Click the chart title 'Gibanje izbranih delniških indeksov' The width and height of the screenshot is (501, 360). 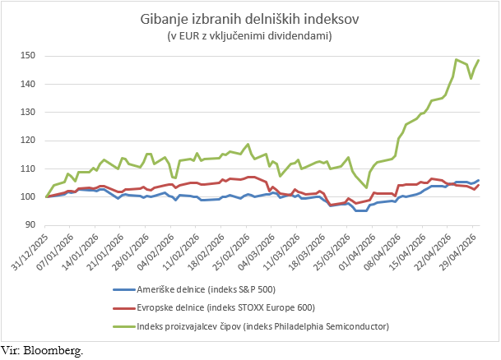coord(249,20)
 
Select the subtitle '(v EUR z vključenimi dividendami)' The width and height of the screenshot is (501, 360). coord(249,35)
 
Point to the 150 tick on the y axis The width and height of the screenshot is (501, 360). coord(28,56)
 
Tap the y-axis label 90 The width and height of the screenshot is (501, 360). coord(30,224)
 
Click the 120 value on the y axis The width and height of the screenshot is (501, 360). coord(28,140)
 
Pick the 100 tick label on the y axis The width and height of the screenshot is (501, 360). coord(28,196)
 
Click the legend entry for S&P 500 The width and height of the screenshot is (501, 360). coord(194,289)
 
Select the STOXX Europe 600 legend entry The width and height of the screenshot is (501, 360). coord(214,307)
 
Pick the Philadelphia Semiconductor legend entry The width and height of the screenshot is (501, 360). coord(251,326)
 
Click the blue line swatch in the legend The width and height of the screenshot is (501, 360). coord(124,289)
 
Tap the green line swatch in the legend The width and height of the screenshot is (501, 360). coord(124,326)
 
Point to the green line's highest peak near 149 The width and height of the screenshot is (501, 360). coord(456,59)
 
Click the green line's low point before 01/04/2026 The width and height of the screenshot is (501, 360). coord(366,187)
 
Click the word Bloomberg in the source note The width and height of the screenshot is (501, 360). coord(53,350)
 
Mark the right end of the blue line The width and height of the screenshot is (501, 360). coord(479,180)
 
